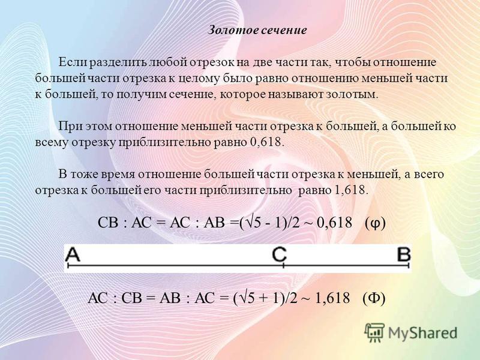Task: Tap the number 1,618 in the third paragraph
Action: (x=350, y=190)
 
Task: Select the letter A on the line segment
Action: (x=73, y=254)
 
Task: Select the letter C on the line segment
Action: (x=280, y=254)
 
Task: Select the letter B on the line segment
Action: (x=403, y=254)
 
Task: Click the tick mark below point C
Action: (x=283, y=265)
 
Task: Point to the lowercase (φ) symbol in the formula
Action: (x=375, y=223)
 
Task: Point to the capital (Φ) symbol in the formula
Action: (x=374, y=298)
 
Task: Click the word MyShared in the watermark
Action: (x=422, y=332)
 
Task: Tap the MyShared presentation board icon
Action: (x=374, y=332)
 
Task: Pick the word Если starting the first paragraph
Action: (x=70, y=62)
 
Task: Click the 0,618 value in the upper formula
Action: (x=334, y=223)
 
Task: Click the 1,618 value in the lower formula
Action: (x=332, y=298)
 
